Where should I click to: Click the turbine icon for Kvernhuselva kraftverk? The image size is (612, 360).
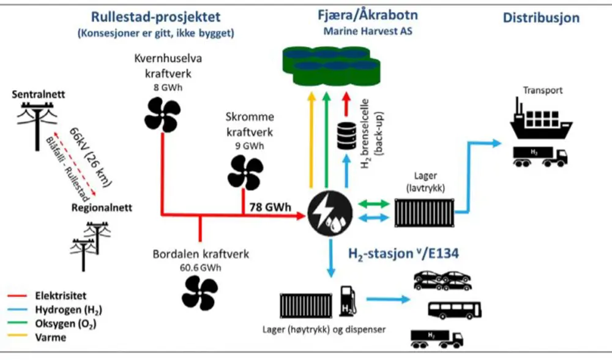(162, 114)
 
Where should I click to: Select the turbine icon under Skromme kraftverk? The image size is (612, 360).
(244, 173)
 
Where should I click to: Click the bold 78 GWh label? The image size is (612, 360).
(270, 206)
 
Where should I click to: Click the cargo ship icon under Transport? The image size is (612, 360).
(539, 122)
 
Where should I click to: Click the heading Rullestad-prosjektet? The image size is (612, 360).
(155, 17)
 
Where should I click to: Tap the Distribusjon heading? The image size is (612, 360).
(541, 18)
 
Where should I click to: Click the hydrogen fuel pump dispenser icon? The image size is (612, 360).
(347, 299)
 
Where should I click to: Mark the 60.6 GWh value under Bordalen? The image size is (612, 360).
(200, 268)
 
